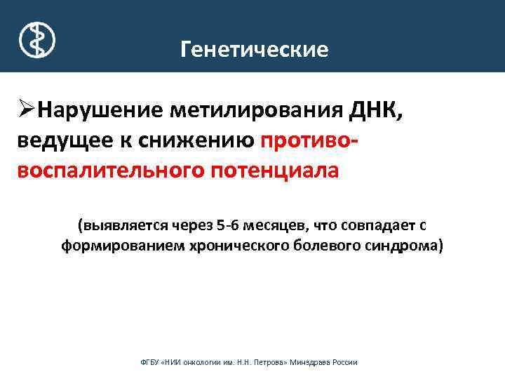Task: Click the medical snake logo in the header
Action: coord(36,38)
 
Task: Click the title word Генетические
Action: coord(254,50)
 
